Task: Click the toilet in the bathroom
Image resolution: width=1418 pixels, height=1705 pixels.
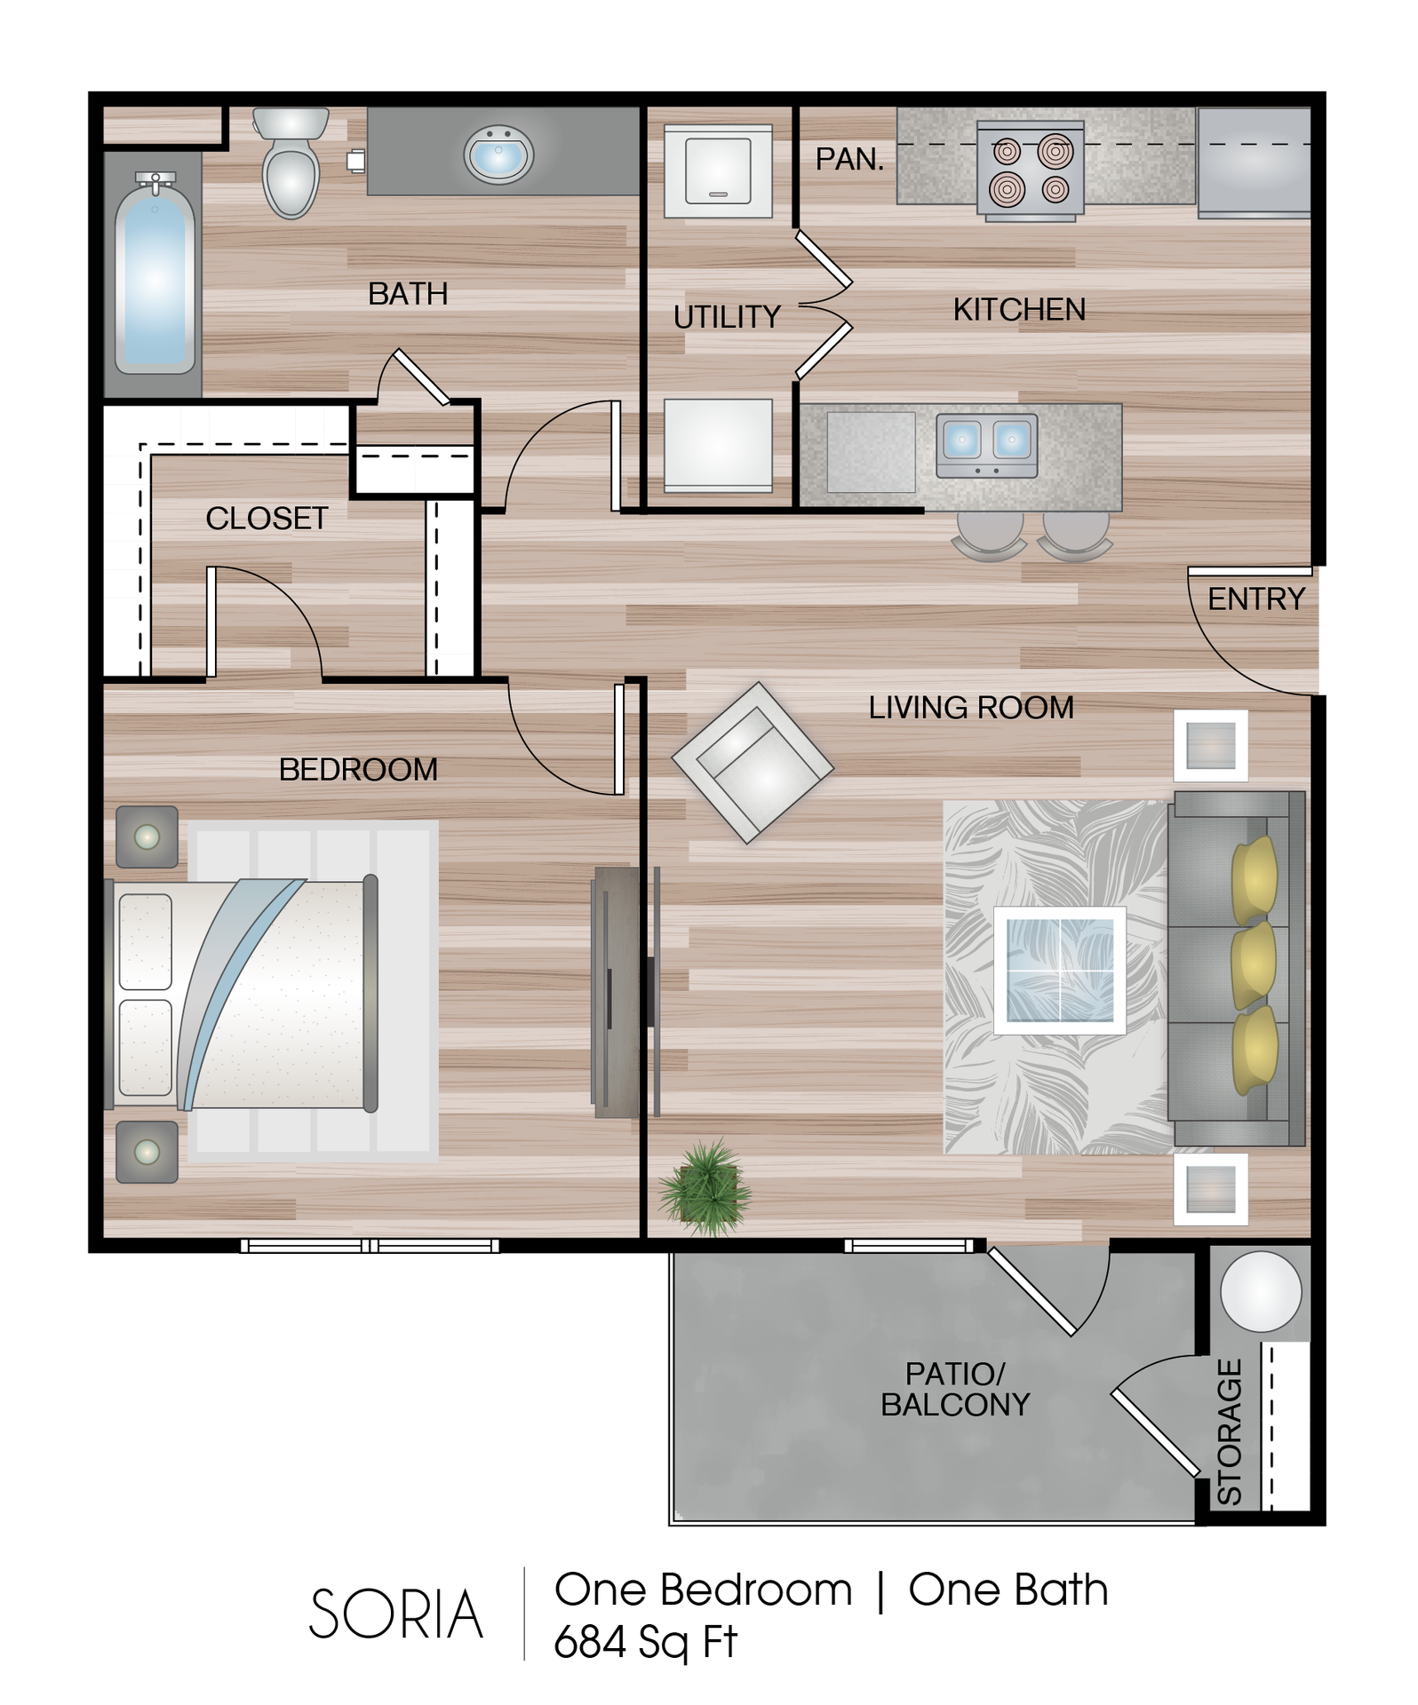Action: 291,162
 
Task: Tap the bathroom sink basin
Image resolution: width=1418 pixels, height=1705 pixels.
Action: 498,155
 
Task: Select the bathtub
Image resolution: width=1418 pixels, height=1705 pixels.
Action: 155,274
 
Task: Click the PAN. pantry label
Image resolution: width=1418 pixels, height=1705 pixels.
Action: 849,159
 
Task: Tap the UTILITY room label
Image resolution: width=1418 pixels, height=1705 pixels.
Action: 727,317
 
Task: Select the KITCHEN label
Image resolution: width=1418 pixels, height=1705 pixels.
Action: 1019,310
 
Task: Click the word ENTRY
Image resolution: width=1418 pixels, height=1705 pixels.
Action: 1256,599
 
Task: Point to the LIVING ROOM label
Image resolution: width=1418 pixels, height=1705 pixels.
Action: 971,708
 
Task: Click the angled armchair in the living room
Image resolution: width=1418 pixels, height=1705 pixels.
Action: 753,762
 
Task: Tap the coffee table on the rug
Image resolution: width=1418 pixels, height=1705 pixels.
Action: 1060,971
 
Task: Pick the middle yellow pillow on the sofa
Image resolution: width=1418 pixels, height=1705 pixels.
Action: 1254,965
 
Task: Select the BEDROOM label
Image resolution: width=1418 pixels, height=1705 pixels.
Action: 358,770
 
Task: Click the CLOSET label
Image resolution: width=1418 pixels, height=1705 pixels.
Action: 267,519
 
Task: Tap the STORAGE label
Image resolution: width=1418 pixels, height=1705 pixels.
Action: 1229,1431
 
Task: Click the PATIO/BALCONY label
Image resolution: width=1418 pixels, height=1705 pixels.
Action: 955,1389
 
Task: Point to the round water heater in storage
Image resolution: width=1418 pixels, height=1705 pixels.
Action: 1261,1291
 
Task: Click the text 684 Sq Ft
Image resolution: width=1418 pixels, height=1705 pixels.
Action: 645,1641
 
